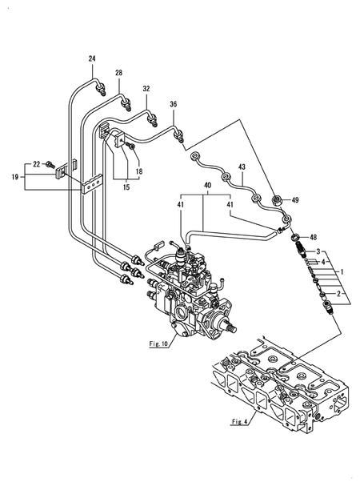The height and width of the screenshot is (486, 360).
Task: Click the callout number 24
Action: click(x=92, y=58)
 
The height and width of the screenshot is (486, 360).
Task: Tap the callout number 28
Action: click(x=118, y=73)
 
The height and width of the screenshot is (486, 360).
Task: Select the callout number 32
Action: click(x=146, y=89)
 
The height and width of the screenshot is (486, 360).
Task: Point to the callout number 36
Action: click(x=173, y=104)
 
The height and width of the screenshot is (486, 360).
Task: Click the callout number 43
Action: click(x=242, y=167)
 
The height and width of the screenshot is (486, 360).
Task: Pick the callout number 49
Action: click(x=295, y=200)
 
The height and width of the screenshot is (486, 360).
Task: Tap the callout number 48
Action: click(x=314, y=238)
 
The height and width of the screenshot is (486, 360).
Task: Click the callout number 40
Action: click(x=207, y=185)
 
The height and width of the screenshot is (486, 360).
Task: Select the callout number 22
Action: click(x=37, y=164)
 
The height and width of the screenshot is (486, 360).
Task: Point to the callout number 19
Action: click(x=15, y=177)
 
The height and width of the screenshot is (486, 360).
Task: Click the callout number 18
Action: click(x=139, y=171)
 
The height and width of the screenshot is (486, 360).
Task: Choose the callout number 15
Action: click(x=126, y=187)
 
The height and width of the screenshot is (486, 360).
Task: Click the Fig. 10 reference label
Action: click(x=158, y=343)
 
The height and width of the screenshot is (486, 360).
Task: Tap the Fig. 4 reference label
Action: click(x=240, y=421)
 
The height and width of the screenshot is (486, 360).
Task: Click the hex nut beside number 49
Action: click(x=276, y=200)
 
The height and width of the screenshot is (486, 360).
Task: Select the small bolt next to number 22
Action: click(x=50, y=164)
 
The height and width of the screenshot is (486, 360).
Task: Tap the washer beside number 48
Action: click(x=295, y=238)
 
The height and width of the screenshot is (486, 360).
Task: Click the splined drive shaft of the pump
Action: click(x=231, y=326)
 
